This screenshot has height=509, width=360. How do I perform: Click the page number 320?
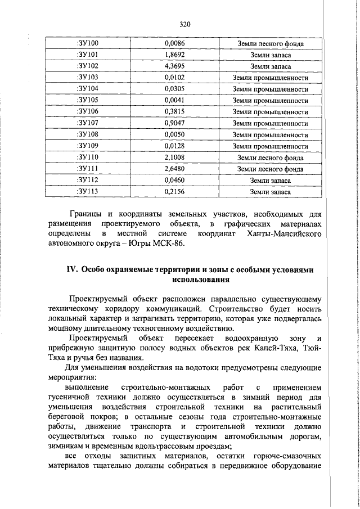click(186, 24)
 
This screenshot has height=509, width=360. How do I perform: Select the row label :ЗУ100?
click(87, 43)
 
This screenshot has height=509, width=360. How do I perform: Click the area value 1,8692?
click(175, 55)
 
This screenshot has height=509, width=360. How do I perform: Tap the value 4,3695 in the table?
click(175, 66)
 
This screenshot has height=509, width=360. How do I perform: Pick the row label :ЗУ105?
click(87, 101)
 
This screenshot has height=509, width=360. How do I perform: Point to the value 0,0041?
click(175, 101)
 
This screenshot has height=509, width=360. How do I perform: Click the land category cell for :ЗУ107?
click(270, 123)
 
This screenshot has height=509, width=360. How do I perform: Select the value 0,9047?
click(175, 123)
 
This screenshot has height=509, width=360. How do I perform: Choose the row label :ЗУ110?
click(87, 157)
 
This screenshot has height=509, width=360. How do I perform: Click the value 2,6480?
click(175, 169)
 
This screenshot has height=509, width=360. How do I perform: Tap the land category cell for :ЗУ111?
click(270, 169)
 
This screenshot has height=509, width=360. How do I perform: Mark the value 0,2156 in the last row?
click(175, 192)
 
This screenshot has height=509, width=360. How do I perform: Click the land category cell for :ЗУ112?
click(270, 181)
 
